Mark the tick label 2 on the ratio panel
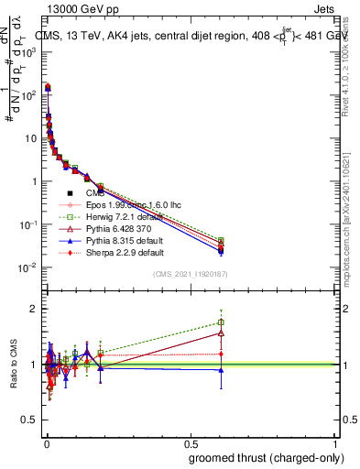[38, 309]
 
